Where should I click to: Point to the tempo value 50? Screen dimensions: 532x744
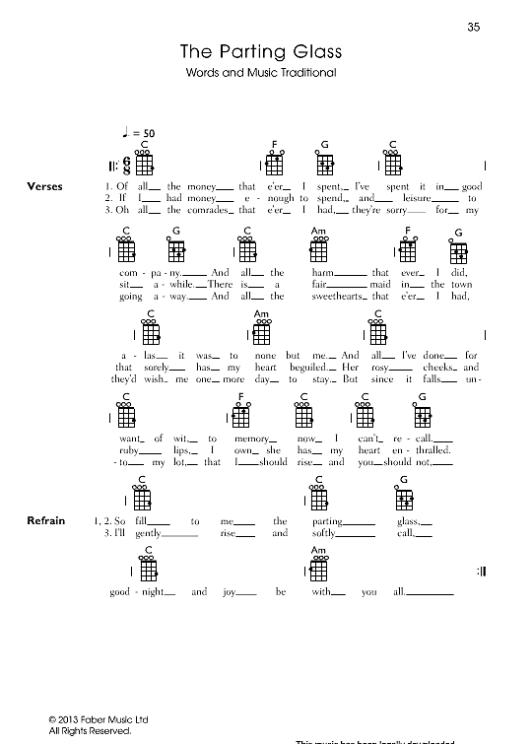(x=149, y=133)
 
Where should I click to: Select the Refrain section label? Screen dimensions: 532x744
(x=45, y=519)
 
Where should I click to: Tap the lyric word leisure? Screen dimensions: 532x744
(x=428, y=198)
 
